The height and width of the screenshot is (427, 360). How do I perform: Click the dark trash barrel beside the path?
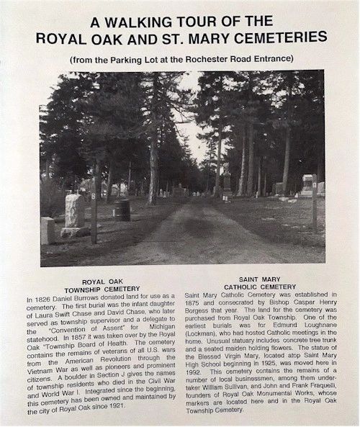tap(123, 210)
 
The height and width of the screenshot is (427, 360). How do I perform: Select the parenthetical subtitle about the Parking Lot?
tap(180, 58)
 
